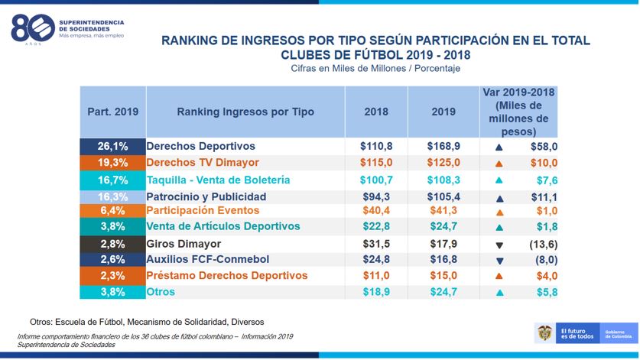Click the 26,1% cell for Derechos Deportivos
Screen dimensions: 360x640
pyautogui.click(x=112, y=146)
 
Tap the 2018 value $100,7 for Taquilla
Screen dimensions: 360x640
pyautogui.click(x=376, y=180)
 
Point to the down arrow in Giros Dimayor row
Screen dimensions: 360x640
pyautogui.click(x=499, y=245)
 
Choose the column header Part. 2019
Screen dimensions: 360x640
pyautogui.click(x=112, y=112)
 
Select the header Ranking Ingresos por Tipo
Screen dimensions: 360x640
pyautogui.click(x=245, y=112)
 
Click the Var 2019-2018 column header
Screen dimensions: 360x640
pyautogui.click(x=519, y=112)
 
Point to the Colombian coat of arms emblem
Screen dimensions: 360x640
pyautogui.click(x=544, y=332)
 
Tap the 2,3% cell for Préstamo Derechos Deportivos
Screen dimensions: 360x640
pyautogui.click(x=112, y=275)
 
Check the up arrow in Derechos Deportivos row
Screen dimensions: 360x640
pyautogui.click(x=499, y=147)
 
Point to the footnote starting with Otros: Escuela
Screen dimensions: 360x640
pyautogui.click(x=147, y=322)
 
